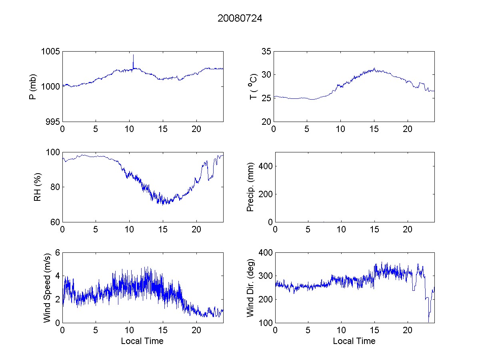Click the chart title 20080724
[240, 18]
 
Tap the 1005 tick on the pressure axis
[51, 52]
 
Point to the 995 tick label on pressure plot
[53, 122]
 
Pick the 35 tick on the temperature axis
[266, 52]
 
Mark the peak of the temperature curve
[374, 69]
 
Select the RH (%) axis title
[38, 187]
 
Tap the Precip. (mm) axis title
[251, 187]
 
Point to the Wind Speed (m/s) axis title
[47, 287]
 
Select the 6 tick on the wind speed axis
[57, 252]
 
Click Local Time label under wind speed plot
[142, 341]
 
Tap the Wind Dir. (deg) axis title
[251, 287]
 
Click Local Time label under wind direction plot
[354, 341]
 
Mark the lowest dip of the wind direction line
[428, 321]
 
